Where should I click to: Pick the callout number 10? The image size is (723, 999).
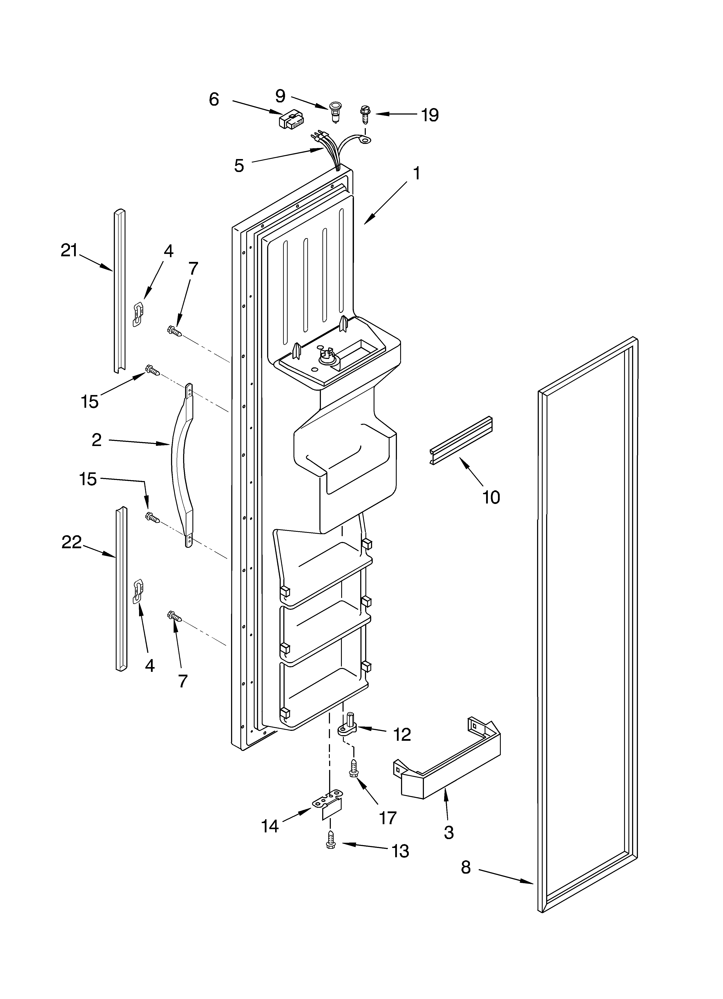491,497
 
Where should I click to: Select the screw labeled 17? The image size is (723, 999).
353,770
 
